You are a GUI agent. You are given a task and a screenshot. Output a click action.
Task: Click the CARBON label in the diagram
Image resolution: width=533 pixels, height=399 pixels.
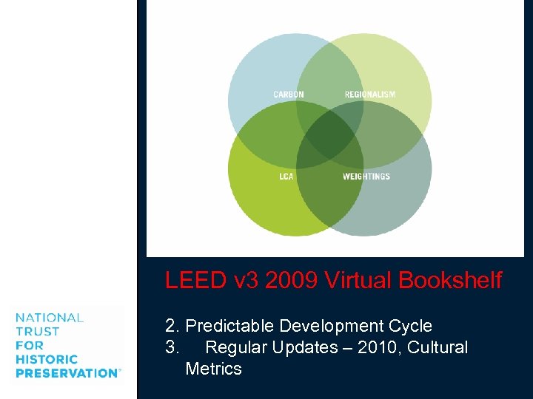point(288,95)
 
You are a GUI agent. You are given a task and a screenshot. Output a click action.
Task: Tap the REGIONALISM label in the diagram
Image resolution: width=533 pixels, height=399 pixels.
point(370,95)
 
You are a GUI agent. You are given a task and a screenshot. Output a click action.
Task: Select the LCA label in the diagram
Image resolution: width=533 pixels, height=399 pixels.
point(286,177)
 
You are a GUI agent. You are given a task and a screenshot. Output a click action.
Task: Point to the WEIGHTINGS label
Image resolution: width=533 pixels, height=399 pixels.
point(366,177)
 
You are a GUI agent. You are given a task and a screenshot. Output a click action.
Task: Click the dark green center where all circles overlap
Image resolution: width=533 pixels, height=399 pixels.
point(329,135)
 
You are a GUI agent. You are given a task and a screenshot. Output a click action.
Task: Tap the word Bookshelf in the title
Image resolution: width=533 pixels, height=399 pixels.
point(450,281)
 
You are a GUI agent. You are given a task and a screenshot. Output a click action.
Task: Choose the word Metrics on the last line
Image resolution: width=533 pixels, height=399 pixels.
point(214,369)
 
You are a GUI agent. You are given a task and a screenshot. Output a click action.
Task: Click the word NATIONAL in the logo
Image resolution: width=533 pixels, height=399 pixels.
point(49,318)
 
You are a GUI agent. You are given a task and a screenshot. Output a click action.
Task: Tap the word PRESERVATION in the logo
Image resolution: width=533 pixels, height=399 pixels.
point(66,373)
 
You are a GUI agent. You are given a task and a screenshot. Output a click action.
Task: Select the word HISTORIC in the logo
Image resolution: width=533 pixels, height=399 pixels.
point(46,359)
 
